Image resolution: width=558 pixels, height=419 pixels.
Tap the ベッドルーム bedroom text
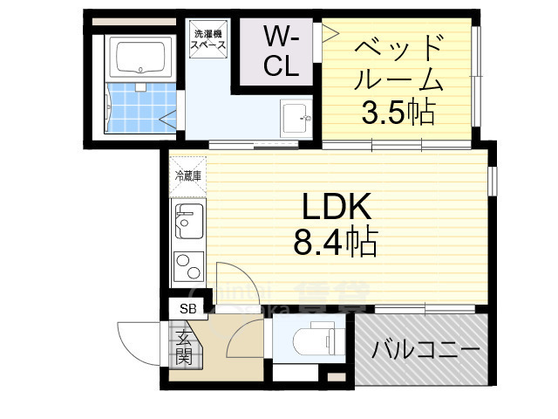click(401, 63)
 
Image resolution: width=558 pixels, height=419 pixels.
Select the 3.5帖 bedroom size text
click(399, 112)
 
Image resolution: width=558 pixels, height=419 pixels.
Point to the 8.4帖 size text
click(336, 242)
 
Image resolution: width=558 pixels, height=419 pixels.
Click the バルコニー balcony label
click(426, 351)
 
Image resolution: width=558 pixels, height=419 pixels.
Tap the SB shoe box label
click(187, 308)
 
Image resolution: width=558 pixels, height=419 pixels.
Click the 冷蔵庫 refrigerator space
click(187, 176)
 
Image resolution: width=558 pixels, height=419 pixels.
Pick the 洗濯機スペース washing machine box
click(209, 40)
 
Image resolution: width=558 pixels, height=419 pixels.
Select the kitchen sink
click(187, 223)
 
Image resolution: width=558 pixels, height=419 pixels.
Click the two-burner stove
click(187, 264)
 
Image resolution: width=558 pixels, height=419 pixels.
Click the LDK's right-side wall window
click(493, 179)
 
